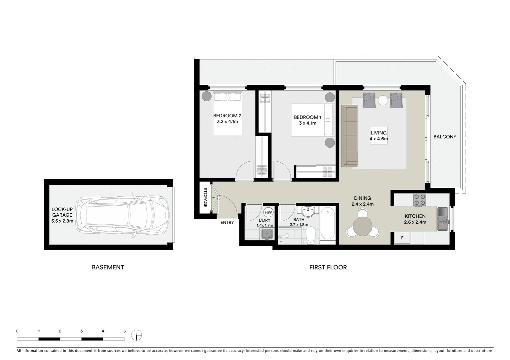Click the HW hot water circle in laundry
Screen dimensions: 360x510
pos(268,212)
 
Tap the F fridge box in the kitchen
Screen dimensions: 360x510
pos(402,238)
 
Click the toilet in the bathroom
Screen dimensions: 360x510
pos(311,235)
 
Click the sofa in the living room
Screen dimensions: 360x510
pos(349,136)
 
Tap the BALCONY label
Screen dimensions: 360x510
pos(445,137)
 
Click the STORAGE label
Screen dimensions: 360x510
pos(205,198)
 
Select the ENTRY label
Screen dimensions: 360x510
pos(227,223)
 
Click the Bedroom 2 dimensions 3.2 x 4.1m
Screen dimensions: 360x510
pos(227,122)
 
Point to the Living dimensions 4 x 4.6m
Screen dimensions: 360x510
pos(379,139)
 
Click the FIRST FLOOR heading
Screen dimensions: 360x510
pos(328,267)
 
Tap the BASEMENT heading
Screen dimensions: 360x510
pos(108,267)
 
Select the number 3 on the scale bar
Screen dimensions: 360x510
pos(81,331)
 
